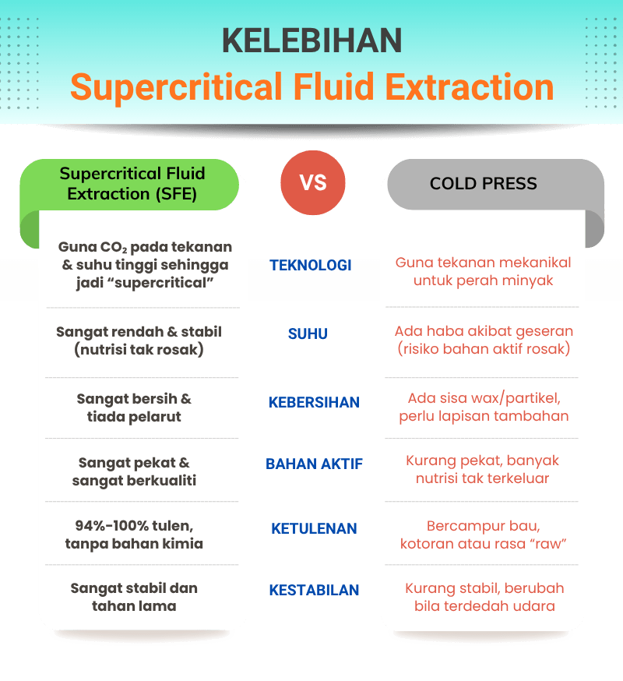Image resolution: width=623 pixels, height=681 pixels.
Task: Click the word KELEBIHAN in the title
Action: pyautogui.click(x=311, y=41)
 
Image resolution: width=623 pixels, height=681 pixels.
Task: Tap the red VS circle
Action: pyautogui.click(x=312, y=183)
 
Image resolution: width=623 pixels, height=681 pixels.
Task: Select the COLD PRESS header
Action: pyautogui.click(x=483, y=184)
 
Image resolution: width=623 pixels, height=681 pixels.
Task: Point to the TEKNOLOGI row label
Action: pyautogui.click(x=311, y=266)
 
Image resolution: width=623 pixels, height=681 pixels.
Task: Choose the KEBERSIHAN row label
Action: pyautogui.click(x=314, y=403)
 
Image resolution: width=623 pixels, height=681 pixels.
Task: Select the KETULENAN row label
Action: pyautogui.click(x=314, y=529)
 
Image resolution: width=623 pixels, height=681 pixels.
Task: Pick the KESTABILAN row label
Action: pyautogui.click(x=314, y=591)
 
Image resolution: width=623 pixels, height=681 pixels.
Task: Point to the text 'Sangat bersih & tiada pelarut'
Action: pyautogui.click(x=134, y=408)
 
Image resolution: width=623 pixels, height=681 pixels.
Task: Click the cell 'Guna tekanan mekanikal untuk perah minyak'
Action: pyautogui.click(x=483, y=271)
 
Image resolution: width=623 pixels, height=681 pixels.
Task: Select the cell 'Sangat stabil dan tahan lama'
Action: pyautogui.click(x=134, y=597)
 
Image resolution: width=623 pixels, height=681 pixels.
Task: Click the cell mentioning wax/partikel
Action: pyautogui.click(x=484, y=408)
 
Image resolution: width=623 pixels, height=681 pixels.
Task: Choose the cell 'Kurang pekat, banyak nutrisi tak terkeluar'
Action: pyautogui.click(x=483, y=470)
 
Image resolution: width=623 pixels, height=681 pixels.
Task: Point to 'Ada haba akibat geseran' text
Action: pyautogui.click(x=484, y=331)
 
